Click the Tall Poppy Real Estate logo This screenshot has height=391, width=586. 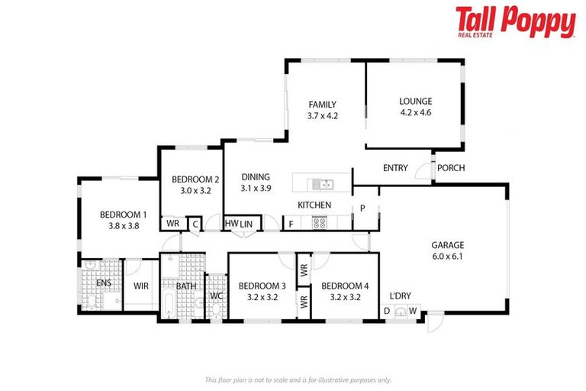tap(515, 22)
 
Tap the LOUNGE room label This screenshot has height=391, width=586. tap(415, 101)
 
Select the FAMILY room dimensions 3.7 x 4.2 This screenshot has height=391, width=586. tap(322, 116)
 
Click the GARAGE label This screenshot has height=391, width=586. tap(448, 245)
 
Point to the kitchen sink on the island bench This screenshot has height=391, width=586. tap(323, 184)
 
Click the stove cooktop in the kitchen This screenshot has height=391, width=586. tap(320, 223)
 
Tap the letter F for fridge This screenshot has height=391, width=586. tap(291, 224)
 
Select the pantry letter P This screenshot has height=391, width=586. tap(362, 207)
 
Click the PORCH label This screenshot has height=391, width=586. tap(450, 168)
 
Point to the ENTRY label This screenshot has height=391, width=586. tap(395, 168)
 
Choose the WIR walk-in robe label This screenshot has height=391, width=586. tap(141, 286)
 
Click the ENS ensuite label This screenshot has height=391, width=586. tap(103, 283)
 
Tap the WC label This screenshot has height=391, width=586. tap(216, 295)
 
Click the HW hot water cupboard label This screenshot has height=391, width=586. tap(231, 223)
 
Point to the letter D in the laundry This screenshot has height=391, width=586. tap(387, 310)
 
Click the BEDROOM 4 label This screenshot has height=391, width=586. tap(345, 286)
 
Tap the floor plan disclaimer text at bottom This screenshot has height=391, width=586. tap(298, 379)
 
